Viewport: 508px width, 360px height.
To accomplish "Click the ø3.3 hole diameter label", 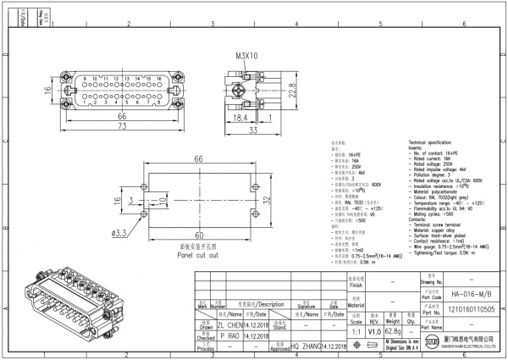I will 119,232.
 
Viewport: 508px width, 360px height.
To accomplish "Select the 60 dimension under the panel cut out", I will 200,235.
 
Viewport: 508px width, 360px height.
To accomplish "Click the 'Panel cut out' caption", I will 197,254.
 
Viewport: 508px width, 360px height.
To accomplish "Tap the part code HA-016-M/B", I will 460,292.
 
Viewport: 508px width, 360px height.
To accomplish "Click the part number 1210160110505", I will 460,311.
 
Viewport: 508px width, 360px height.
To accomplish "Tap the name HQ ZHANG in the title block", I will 308,346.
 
